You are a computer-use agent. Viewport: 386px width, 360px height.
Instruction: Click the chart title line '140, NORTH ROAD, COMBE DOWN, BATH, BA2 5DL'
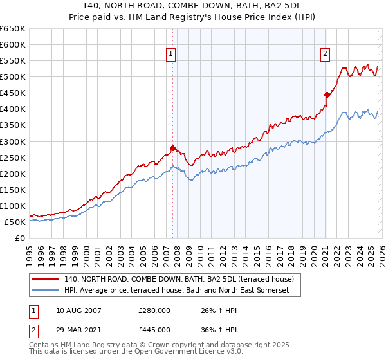[x=193, y=7]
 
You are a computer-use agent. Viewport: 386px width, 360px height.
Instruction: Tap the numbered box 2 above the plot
[x=326, y=55]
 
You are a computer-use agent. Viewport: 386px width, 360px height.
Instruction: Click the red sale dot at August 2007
[x=172, y=148]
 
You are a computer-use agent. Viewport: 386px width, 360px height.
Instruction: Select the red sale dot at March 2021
[x=327, y=94]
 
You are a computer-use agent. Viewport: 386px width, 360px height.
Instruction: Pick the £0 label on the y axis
[x=19, y=238]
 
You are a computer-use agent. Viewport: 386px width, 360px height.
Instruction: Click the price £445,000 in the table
[x=154, y=329]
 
